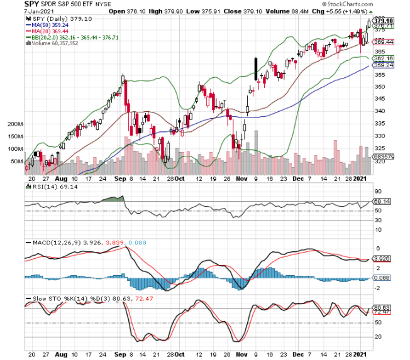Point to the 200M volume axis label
[x=14, y=124]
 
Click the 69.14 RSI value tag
[x=382, y=201]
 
